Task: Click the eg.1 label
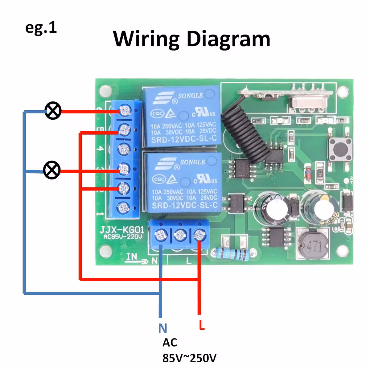tap(41, 28)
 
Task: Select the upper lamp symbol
tap(53, 111)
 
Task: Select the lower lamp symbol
tap(52, 170)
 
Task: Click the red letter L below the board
tap(202, 325)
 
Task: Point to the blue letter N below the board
tap(162, 328)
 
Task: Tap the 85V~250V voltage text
tap(189, 358)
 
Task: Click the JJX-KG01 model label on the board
tap(121, 230)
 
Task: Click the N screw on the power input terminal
tap(161, 236)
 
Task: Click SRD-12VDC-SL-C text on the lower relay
tap(185, 205)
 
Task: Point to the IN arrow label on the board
tap(136, 258)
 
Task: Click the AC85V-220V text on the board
tap(123, 237)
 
